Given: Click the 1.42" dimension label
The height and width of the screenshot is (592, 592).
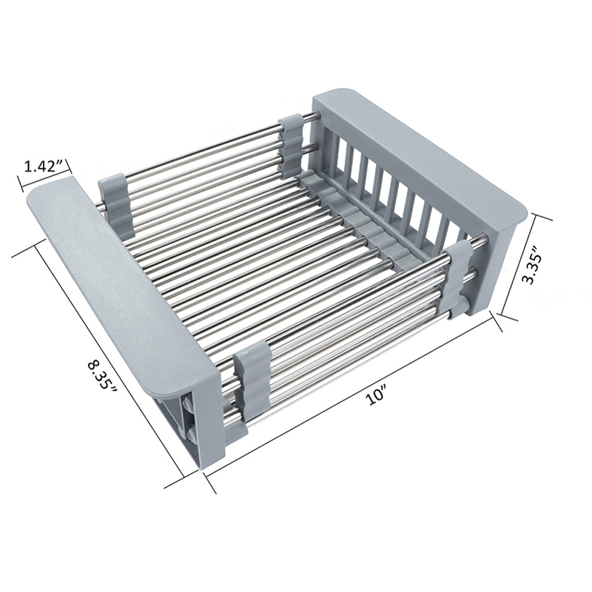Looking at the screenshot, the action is (x=42, y=166).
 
